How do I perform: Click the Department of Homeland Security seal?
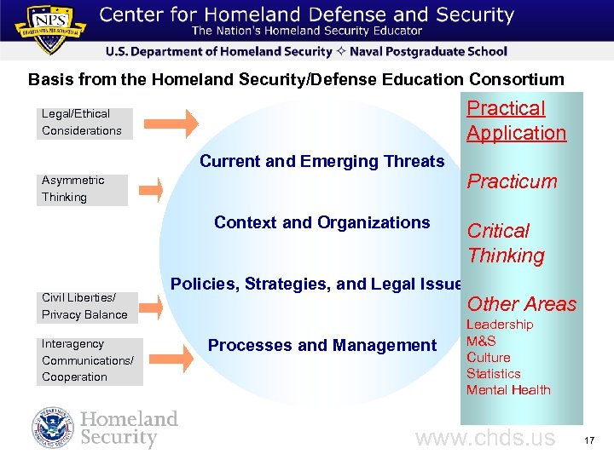point(54,428)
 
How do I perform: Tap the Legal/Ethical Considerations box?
point(84,122)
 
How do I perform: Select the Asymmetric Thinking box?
point(82,189)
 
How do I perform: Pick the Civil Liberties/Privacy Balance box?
point(87,307)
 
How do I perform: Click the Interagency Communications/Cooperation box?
point(90,360)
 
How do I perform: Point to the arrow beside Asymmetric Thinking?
point(153,189)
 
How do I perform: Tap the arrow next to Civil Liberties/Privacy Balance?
point(152,304)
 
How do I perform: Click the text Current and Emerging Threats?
point(321,162)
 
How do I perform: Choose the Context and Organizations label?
point(321,223)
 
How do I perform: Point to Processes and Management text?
point(321,346)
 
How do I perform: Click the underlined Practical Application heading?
point(516,121)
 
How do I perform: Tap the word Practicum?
point(512,181)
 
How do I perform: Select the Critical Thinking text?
point(506,243)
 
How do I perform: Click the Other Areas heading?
point(522,304)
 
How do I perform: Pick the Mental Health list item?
point(508,390)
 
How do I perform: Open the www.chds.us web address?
point(484,439)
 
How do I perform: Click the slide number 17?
point(592,440)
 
